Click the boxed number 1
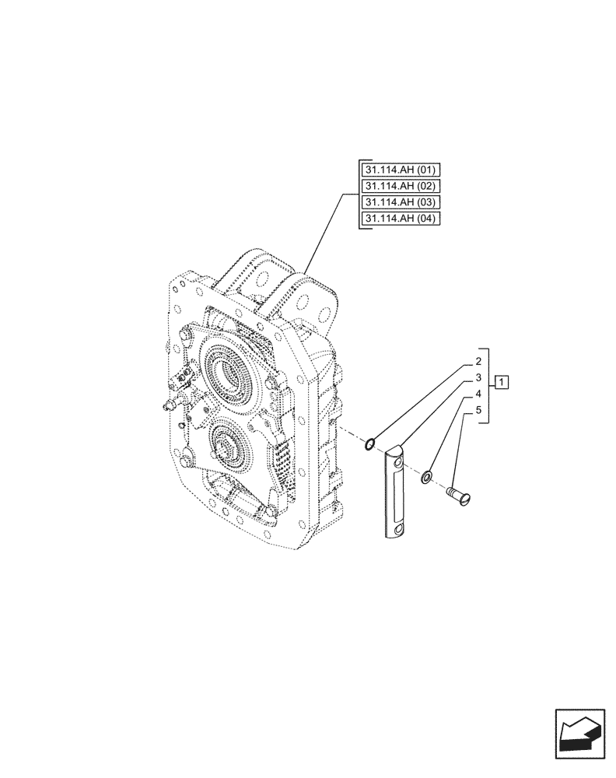(x=502, y=381)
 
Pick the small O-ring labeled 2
(x=371, y=444)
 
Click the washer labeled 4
(x=428, y=475)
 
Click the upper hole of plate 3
(x=399, y=464)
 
